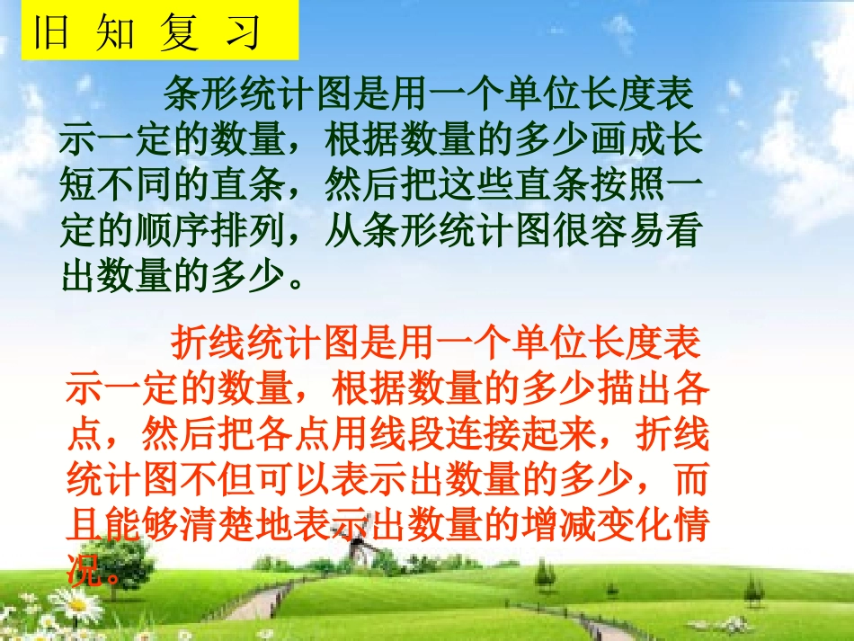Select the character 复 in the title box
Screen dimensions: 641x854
click(178, 33)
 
